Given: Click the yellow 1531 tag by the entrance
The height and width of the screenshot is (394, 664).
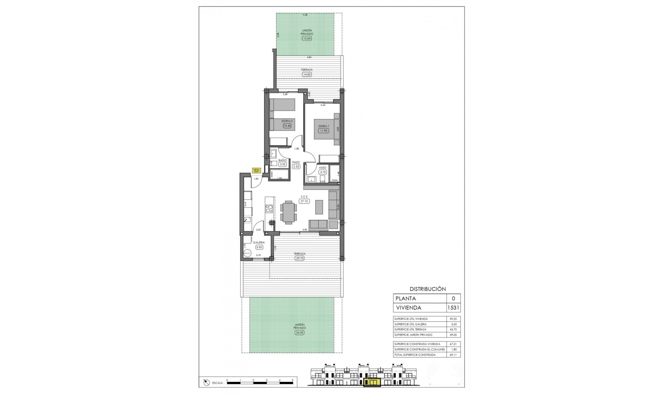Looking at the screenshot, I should point(256,170).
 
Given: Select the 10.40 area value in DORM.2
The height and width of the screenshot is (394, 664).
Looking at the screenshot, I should point(287,126).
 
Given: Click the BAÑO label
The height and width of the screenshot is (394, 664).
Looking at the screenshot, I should point(283,160).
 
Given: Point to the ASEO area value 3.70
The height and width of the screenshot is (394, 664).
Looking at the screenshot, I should point(323,172).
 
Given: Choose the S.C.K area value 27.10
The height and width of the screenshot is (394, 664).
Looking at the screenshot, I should point(304,201).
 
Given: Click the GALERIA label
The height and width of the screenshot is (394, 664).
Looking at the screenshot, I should point(259,243).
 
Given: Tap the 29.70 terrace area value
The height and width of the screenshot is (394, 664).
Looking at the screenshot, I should point(299,258).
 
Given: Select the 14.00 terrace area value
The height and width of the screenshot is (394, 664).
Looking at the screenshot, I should point(306,74).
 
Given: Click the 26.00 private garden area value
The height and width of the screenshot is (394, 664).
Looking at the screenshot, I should point(299,332).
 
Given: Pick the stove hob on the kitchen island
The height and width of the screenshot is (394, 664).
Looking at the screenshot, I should point(269,209).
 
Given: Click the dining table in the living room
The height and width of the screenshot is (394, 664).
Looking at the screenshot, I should point(288,212).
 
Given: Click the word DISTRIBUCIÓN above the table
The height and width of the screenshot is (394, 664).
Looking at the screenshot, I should point(427,289).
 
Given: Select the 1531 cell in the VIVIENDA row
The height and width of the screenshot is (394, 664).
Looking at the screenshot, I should point(453,308).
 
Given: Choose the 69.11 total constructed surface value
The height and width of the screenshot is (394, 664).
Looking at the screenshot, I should point(453,355).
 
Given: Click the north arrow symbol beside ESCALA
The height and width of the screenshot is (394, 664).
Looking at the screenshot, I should point(206,382).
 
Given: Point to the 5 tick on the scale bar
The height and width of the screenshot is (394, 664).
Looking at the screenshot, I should point(293,380).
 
